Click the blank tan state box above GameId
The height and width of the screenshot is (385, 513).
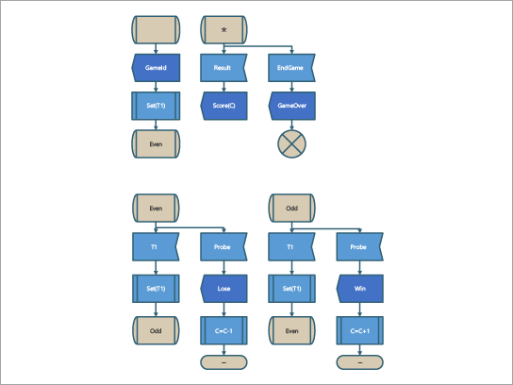pyautogui.click(x=155, y=30)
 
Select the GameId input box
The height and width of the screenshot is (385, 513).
pyautogui.click(x=155, y=69)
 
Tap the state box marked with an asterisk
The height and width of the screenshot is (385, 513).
pyautogui.click(x=223, y=30)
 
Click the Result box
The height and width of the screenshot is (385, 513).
pyautogui.click(x=223, y=69)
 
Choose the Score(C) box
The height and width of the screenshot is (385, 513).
pyautogui.click(x=223, y=107)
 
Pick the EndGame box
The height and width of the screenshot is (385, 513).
pyautogui.click(x=291, y=69)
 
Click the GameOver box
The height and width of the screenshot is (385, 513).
pyautogui.click(x=291, y=107)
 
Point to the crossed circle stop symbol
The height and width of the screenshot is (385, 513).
pyautogui.click(x=291, y=143)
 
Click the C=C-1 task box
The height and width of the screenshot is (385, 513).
pyautogui.click(x=223, y=329)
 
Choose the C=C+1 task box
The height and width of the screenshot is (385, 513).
pyautogui.click(x=360, y=329)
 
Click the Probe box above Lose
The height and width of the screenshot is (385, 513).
pyautogui.click(x=223, y=246)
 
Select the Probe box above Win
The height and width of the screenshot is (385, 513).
pyautogui.click(x=360, y=246)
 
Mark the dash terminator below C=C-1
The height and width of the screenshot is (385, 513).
pyautogui.click(x=223, y=362)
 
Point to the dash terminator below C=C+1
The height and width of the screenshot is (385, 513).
pyautogui.click(x=360, y=362)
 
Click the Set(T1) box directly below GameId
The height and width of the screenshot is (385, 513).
pyautogui.click(x=155, y=107)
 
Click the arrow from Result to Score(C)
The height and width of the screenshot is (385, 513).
pyautogui.click(x=223, y=88)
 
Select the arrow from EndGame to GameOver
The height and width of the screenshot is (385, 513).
pyautogui.click(x=291, y=88)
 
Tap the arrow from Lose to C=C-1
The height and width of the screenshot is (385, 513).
pyautogui.click(x=223, y=308)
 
